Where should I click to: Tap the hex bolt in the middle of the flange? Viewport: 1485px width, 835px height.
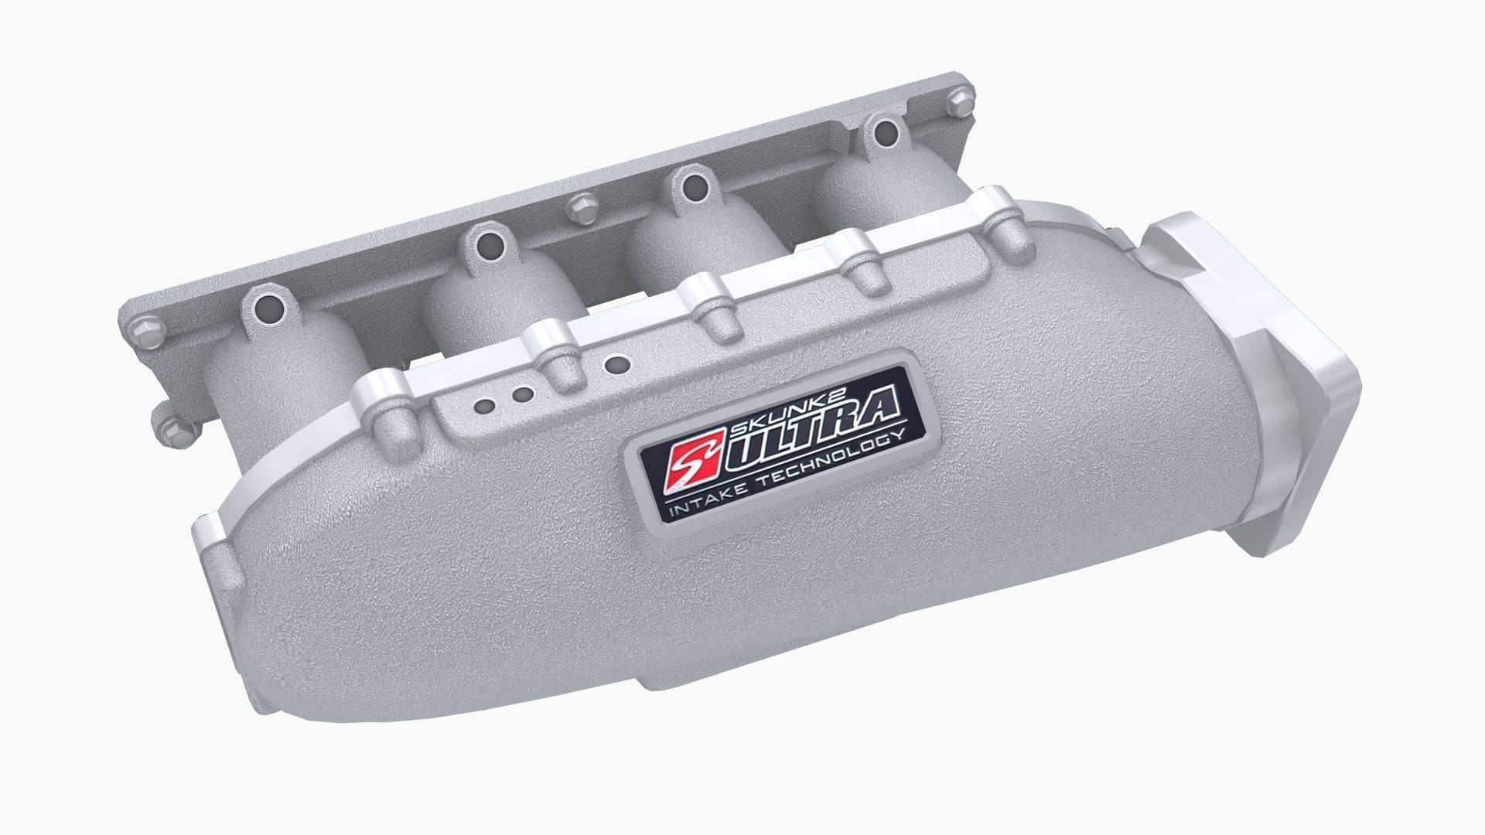click(580, 207)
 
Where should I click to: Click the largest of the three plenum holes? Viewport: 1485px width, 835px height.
click(616, 361)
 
